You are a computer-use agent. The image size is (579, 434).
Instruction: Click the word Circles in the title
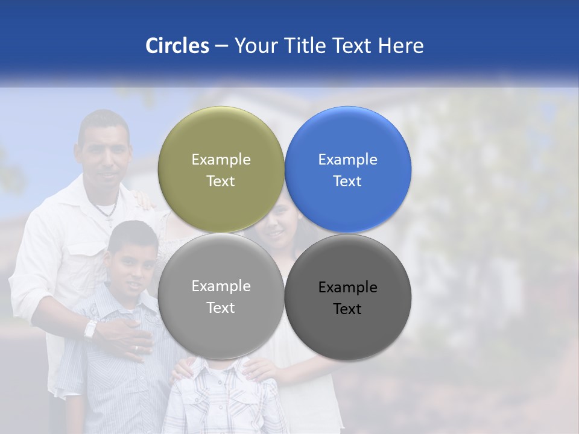177,46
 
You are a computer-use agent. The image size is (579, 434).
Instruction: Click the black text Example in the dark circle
347,288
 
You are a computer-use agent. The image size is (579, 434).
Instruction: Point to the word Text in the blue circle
347,181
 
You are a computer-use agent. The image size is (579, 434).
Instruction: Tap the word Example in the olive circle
221,160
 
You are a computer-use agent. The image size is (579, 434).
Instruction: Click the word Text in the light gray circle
221,308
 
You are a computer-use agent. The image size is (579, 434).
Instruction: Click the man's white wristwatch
90,329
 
